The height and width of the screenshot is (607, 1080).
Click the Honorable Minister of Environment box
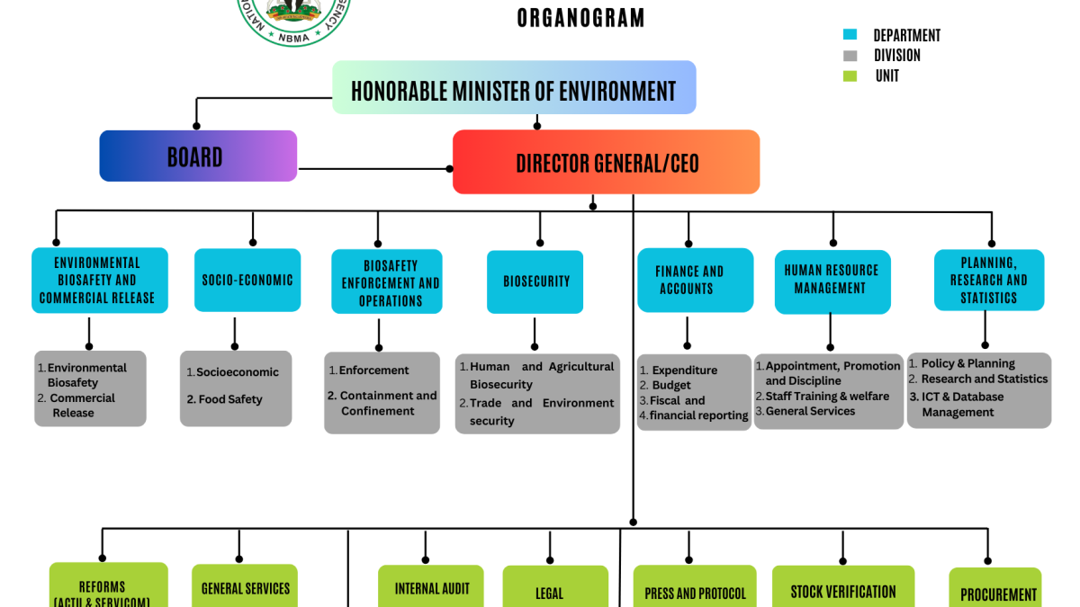[x=514, y=88]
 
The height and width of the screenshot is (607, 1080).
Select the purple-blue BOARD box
[x=198, y=156]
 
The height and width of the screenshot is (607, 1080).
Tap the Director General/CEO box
[x=606, y=163]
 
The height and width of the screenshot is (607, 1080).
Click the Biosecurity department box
[x=535, y=281]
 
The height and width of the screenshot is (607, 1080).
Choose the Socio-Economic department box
[x=247, y=281]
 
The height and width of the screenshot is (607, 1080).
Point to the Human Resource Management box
[x=832, y=281]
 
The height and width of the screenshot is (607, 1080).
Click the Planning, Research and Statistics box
[x=988, y=281]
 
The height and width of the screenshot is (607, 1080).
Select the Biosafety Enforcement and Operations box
[x=387, y=281]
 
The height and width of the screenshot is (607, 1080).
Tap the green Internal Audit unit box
[x=431, y=588]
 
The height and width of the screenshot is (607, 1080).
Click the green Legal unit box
[x=549, y=591]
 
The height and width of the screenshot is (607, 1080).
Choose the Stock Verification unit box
[x=843, y=590]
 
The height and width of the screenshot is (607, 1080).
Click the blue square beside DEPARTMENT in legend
[x=850, y=35]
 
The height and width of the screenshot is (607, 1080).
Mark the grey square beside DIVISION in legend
[x=850, y=56]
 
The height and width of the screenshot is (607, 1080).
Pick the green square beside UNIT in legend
[x=850, y=76]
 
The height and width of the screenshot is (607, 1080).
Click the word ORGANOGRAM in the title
[x=580, y=18]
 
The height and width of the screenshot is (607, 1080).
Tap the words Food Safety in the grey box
[x=230, y=399]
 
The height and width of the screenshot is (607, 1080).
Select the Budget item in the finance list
[x=671, y=385]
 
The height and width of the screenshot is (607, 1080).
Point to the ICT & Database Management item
[x=962, y=404]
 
